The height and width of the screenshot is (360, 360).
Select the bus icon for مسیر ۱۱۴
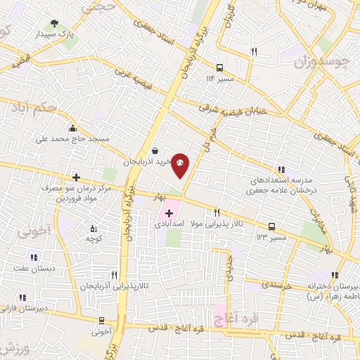(220, 68)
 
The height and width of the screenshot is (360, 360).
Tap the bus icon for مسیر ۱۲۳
(271, 226)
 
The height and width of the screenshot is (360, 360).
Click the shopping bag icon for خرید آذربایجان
(155, 150)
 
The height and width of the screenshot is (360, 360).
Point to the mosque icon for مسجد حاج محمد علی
(73, 128)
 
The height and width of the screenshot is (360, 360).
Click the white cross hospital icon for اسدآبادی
(169, 213)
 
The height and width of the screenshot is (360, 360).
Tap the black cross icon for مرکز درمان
(76, 178)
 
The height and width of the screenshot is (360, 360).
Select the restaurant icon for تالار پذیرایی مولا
(217, 212)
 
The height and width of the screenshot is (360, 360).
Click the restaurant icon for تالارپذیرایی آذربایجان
(114, 276)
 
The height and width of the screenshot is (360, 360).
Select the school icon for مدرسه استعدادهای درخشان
(281, 169)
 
